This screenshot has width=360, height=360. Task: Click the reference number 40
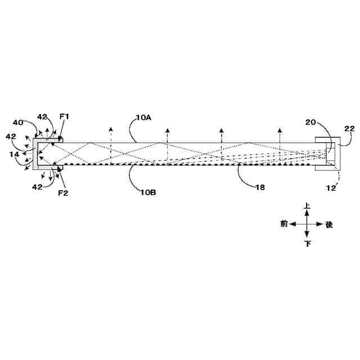(19, 122)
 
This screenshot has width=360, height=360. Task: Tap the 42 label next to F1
(42, 117)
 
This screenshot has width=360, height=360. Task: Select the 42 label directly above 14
(11, 136)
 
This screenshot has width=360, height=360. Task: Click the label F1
(64, 117)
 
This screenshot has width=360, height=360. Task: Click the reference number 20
(310, 122)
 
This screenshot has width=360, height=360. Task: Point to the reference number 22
(349, 129)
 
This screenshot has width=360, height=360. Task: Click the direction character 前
(284, 224)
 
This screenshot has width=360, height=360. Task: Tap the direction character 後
(329, 224)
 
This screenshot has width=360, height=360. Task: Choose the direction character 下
(307, 244)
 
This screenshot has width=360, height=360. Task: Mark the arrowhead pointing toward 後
(321, 224)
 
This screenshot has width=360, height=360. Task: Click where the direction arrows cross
(307, 224)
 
